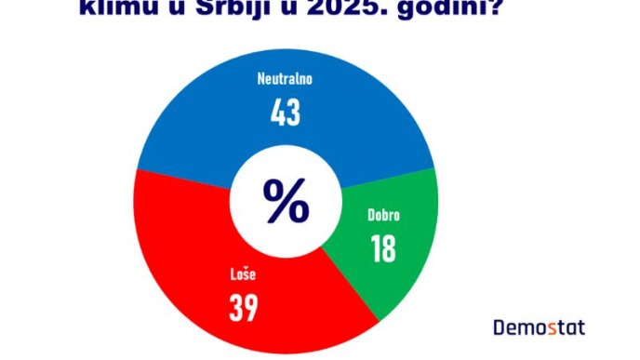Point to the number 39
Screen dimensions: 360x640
[243, 308]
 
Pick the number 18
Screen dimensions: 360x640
[382, 248]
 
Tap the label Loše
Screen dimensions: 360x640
[242, 274]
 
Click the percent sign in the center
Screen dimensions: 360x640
[285, 200]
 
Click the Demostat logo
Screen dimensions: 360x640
[539, 327]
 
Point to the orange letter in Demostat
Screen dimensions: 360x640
[552, 327]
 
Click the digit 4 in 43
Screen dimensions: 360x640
[276, 112]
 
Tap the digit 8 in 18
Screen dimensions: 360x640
[389, 248]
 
